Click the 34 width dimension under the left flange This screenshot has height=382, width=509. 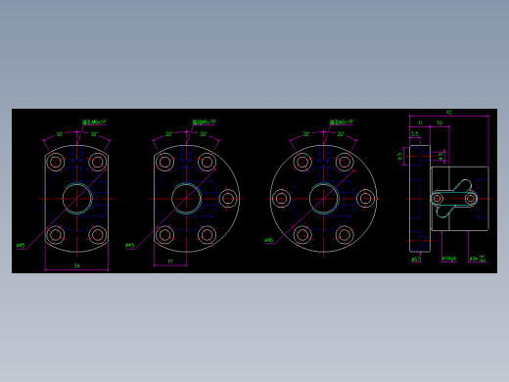[76, 265]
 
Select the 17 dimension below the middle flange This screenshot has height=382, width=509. [170, 262]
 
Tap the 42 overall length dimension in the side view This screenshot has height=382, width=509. [449, 113]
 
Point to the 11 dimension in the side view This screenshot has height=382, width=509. [421, 123]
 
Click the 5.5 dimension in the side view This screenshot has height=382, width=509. [415, 134]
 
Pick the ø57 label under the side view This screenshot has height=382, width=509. [416, 260]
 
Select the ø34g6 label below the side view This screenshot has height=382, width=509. [449, 259]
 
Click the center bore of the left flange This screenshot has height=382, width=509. [76, 199]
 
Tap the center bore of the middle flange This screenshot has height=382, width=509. [186, 199]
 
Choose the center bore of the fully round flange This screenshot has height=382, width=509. [323, 199]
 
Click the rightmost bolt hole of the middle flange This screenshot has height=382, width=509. [228, 199]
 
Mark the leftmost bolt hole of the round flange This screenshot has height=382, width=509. [282, 199]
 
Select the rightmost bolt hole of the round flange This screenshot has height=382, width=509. [365, 199]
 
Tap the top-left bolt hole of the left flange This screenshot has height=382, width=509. [56, 162]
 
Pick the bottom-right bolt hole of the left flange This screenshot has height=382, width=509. [97, 235]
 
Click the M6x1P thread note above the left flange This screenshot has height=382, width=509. [95, 122]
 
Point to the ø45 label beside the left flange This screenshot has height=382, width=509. [21, 245]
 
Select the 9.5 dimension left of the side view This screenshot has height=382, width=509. [400, 155]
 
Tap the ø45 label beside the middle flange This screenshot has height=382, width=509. [130, 245]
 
